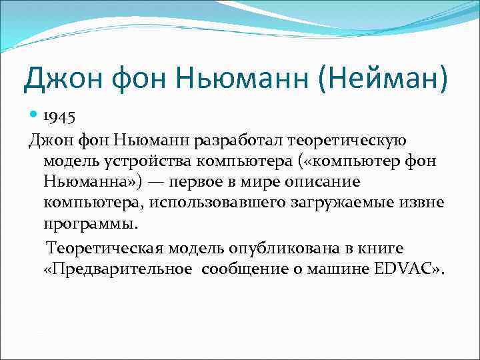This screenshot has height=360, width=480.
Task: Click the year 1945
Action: pos(60,117)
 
